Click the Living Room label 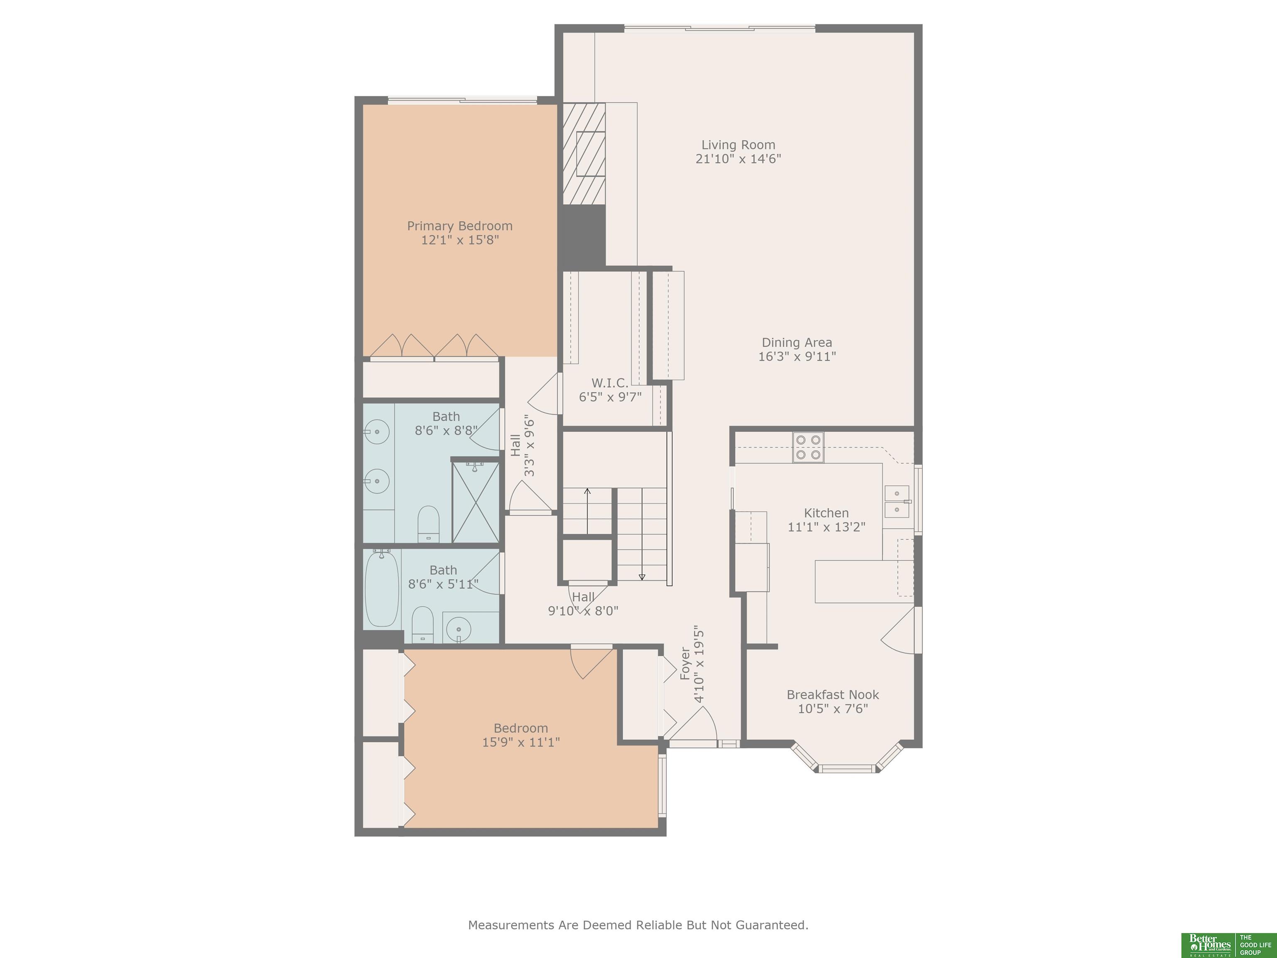coord(738,145)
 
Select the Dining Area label coord(797,343)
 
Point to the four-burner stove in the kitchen coord(808,447)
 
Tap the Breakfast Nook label coord(833,695)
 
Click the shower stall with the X coord(475,501)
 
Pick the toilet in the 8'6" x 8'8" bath coord(428,524)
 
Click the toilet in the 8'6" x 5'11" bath coord(423,624)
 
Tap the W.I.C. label coord(610,383)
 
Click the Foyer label coord(685,664)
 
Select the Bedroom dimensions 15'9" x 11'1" coord(521,742)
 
